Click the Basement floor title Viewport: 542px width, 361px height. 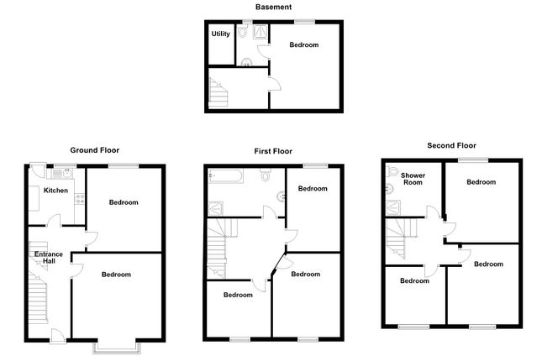coord(273,7)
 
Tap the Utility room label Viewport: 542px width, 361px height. coord(220,34)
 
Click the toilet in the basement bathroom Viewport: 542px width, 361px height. coord(243,31)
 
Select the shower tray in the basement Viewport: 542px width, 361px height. coord(260,31)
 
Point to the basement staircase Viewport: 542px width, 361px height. coord(218,92)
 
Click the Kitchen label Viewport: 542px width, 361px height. coord(55,191)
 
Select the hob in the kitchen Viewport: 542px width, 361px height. coord(80,199)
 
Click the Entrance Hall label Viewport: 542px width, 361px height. coord(49,258)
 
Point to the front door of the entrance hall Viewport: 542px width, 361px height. coord(58,336)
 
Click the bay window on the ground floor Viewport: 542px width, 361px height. coord(117,348)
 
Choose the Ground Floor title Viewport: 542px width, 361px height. coord(95,150)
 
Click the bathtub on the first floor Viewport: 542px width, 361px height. coord(225,175)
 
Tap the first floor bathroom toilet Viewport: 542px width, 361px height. coord(266,175)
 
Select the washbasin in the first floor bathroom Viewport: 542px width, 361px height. coord(281,197)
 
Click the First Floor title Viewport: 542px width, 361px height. coord(273,151)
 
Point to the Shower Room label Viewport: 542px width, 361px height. coord(413,179)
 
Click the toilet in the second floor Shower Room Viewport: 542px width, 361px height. coord(392,171)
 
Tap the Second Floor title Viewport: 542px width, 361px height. coord(451,145)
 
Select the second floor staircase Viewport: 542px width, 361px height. coord(401,238)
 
